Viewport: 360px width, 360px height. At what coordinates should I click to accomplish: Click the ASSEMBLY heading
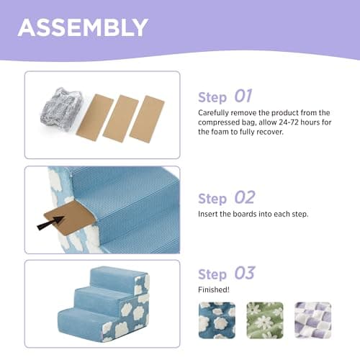(x=83, y=27)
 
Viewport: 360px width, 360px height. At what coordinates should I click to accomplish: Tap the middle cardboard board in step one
(x=120, y=117)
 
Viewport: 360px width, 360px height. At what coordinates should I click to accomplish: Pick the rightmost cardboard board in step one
(x=147, y=118)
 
